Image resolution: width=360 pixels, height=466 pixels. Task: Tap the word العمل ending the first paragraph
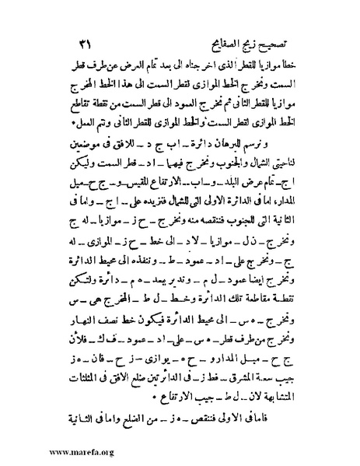(x=69, y=109)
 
